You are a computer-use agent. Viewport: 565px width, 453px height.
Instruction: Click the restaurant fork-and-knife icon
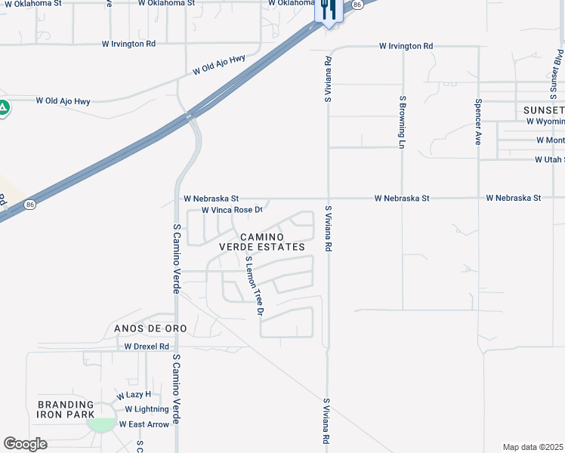tap(328, 9)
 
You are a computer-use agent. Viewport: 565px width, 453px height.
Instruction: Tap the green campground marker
tap(4, 107)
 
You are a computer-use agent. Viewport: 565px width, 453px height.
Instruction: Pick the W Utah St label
tap(549, 160)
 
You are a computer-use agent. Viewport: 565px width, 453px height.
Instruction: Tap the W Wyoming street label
tap(545, 121)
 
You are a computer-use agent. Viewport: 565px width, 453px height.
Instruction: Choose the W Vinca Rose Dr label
tap(232, 210)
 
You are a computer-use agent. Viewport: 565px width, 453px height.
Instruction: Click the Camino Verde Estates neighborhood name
tap(262, 242)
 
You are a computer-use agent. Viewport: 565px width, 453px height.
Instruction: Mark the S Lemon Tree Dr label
tap(255, 285)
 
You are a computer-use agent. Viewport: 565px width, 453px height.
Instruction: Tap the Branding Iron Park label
tap(66, 409)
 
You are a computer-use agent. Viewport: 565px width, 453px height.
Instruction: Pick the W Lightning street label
tap(142, 409)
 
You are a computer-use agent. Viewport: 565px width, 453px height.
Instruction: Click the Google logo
tap(25, 444)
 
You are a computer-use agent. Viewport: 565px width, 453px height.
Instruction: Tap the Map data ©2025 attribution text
tap(533, 447)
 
